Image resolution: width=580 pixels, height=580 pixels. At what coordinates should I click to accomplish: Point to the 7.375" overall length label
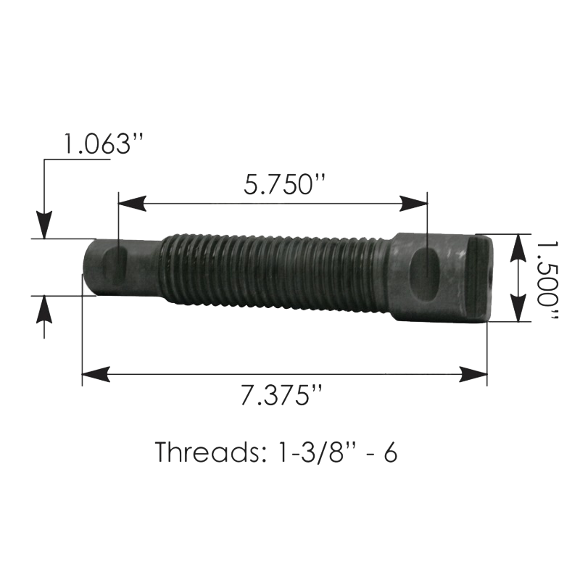(282, 398)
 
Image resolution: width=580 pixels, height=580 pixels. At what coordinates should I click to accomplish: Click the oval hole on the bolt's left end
(114, 265)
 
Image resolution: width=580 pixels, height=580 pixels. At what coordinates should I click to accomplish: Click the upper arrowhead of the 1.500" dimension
(517, 246)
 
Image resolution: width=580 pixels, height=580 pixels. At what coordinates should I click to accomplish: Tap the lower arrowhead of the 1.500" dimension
(517, 309)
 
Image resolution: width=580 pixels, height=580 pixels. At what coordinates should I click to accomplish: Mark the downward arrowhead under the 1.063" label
(44, 225)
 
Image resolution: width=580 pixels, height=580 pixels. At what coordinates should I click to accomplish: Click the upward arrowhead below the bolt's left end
(44, 307)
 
